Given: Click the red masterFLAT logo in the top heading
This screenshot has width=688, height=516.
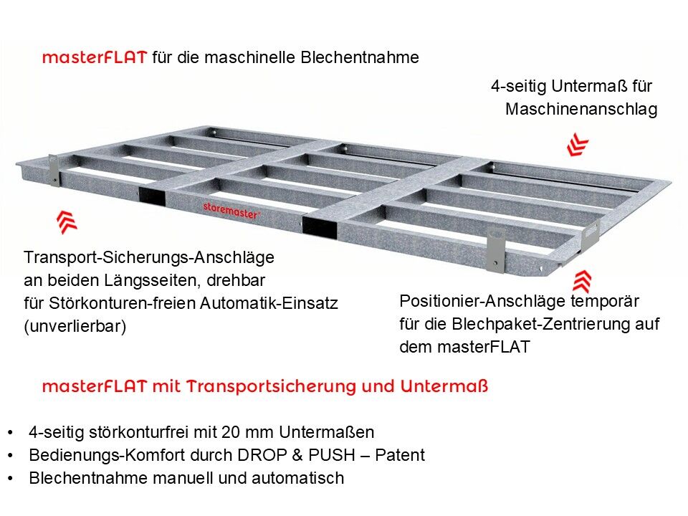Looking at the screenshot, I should click(95, 58).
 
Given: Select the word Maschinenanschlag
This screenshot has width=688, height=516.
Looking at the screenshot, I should click(580, 110).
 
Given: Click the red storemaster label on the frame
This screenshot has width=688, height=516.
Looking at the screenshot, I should click(231, 208).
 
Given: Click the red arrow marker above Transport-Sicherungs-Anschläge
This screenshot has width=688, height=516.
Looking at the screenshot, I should click(67, 221).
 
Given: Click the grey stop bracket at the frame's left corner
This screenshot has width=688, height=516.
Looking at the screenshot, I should click(54, 169).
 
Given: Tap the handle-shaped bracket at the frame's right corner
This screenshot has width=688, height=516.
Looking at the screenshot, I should click(590, 235).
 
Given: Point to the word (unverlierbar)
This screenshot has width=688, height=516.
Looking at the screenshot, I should click(75, 326).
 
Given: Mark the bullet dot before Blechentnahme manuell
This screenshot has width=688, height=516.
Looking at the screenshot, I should click(11, 478).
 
